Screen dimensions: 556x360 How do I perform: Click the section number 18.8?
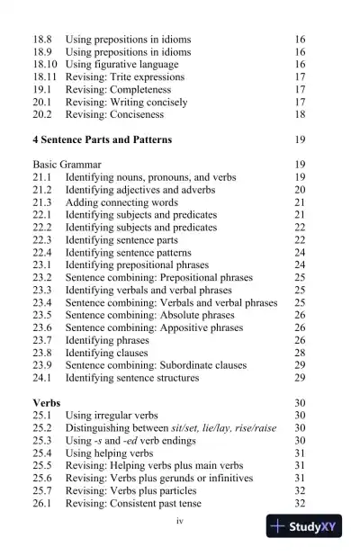pyautogui.click(x=41, y=40)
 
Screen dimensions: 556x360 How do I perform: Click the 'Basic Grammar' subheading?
pyautogui.click(x=67, y=166)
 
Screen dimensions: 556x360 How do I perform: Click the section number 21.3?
pyautogui.click(x=42, y=203)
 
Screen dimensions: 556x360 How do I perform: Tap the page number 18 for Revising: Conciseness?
pyautogui.click(x=300, y=116)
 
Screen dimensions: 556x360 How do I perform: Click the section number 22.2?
pyautogui.click(x=42, y=229)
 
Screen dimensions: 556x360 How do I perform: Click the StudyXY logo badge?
pyautogui.click(x=304, y=527)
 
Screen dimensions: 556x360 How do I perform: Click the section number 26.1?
pyautogui.click(x=42, y=504)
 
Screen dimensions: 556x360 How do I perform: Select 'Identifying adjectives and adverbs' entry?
pyautogui.click(x=140, y=191)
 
